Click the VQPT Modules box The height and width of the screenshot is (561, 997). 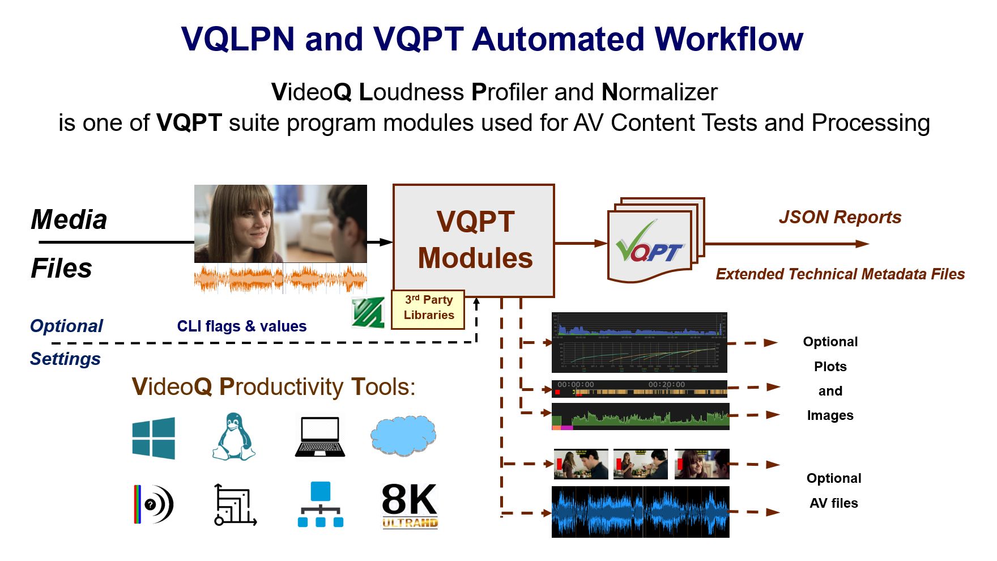[x=474, y=240]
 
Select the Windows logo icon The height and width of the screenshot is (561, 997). [x=154, y=438]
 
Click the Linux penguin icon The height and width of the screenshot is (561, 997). [x=233, y=437]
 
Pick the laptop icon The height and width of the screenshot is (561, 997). [x=320, y=437]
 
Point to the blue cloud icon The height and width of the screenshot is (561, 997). [x=403, y=436]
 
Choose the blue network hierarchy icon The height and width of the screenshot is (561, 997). [x=321, y=504]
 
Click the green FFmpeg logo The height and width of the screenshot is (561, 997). [x=368, y=312]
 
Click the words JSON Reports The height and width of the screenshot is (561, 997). [x=840, y=217]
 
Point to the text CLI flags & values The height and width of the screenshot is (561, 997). [x=242, y=326]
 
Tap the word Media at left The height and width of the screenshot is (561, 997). [x=69, y=219]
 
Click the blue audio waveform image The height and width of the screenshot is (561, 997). [x=640, y=512]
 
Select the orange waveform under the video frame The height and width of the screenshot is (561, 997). [x=280, y=279]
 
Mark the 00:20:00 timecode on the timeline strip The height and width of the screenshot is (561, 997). [x=667, y=385]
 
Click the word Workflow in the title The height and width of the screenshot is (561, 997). [x=728, y=39]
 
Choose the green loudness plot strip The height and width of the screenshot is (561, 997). [x=640, y=417]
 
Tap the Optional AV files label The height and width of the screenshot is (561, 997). [x=834, y=491]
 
